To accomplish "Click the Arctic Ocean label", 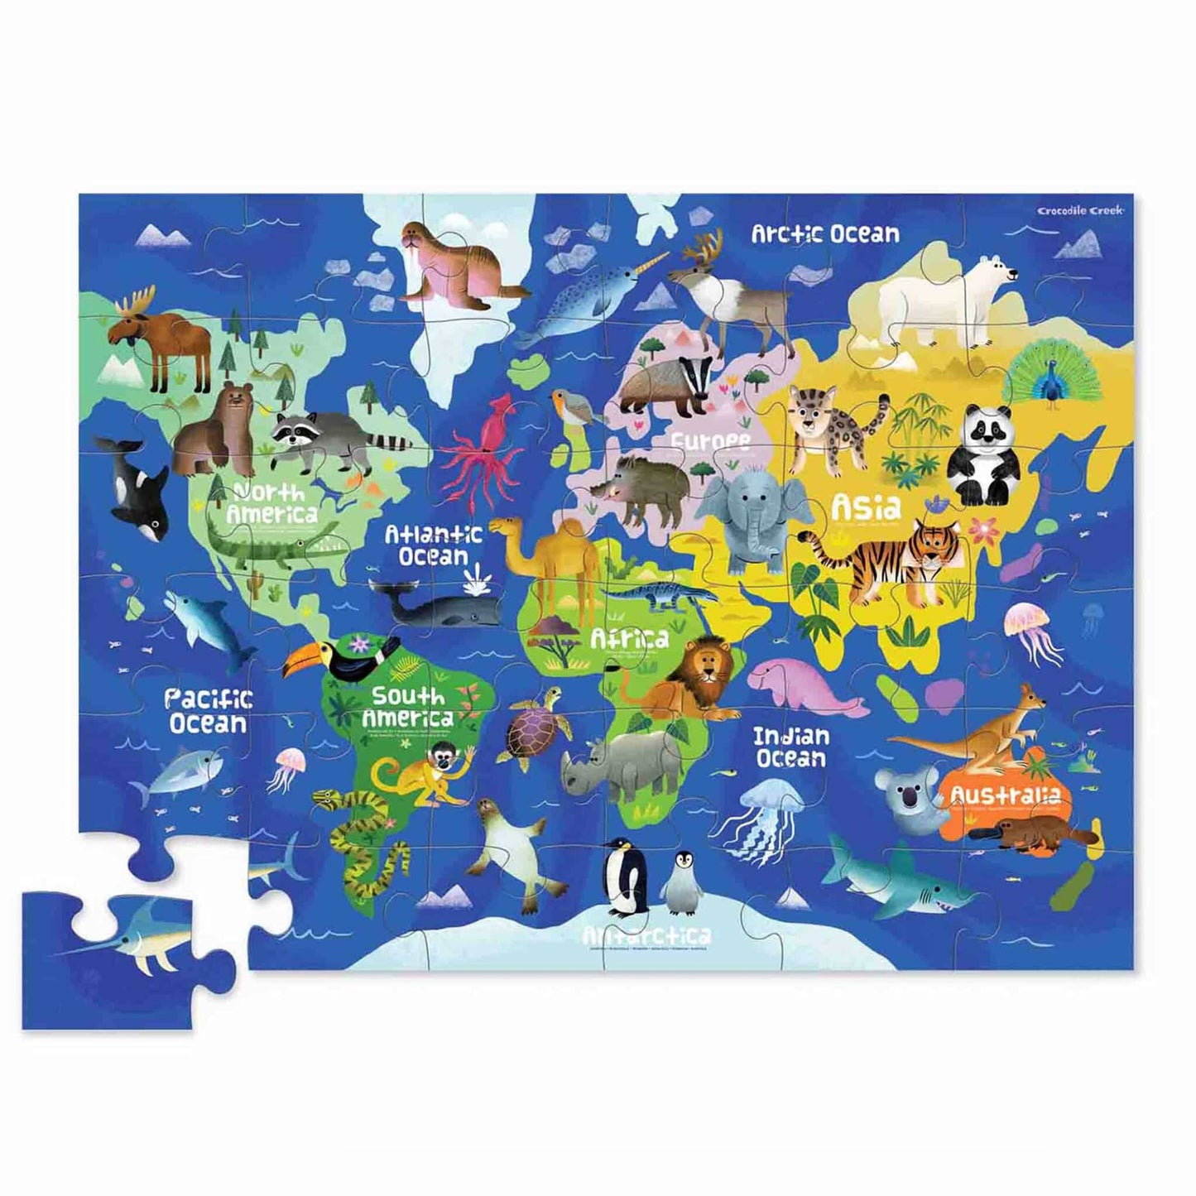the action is tap(824, 234).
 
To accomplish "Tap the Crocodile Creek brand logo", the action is tap(1080, 210).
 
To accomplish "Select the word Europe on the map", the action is tap(710, 441).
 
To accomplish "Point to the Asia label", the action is tap(866, 505).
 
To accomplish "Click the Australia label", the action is tap(1005, 795).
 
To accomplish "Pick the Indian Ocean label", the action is tap(790, 747).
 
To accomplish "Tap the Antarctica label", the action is tap(646, 936).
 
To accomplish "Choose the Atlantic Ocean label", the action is tap(433, 545).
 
